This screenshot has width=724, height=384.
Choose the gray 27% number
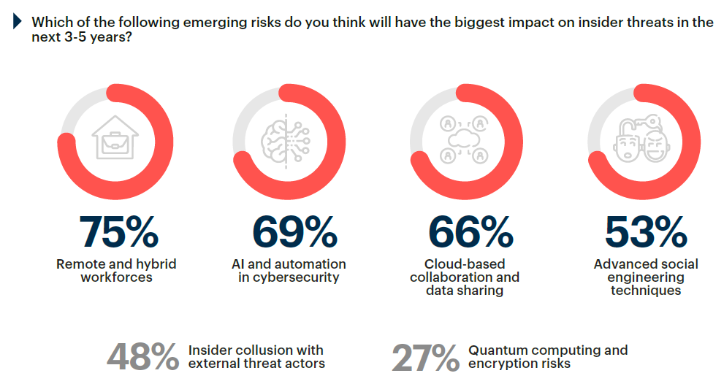[424, 357]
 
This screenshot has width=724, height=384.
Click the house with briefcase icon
[116, 141]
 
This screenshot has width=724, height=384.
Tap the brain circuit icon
[288, 141]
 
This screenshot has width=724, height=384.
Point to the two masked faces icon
[641, 141]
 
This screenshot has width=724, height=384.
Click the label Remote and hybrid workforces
[116, 270]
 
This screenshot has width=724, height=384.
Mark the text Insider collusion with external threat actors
[256, 356]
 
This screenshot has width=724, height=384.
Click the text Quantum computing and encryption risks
[547, 356]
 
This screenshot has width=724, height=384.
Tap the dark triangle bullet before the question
[18, 22]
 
